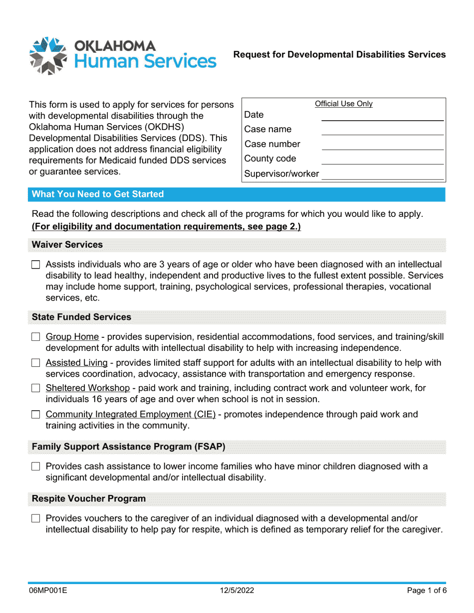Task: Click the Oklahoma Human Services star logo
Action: (x=48, y=55)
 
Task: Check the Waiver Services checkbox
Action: (x=35, y=265)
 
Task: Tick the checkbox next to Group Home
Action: (x=35, y=337)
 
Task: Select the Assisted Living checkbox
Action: (x=35, y=363)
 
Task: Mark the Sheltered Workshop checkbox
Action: (x=35, y=388)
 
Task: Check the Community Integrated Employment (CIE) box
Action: (x=35, y=415)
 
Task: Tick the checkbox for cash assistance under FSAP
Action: (x=35, y=467)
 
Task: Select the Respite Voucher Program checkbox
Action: (x=35, y=519)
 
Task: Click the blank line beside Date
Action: (x=382, y=116)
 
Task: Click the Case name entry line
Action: (x=382, y=131)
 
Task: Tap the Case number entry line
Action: (x=382, y=145)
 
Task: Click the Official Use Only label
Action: (x=344, y=104)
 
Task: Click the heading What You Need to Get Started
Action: (x=98, y=194)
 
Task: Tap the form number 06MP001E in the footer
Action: (x=48, y=591)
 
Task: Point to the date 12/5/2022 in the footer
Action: (x=237, y=591)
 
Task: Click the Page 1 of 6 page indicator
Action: (x=426, y=591)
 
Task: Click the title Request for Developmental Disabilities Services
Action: (x=339, y=55)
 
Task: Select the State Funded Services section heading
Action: (x=81, y=317)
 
